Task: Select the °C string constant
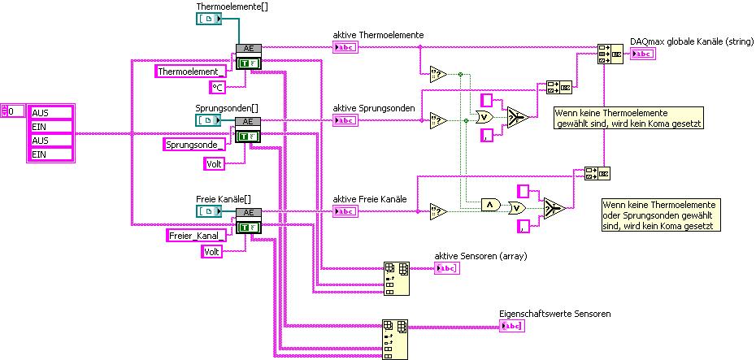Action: pos(217,87)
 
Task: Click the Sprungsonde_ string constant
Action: pos(194,145)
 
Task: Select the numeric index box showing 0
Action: pos(13,111)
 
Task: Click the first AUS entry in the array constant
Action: pos(50,113)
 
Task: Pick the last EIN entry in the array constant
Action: pos(50,154)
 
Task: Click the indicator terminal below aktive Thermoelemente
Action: pos(345,47)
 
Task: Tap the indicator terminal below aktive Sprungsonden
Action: pos(345,120)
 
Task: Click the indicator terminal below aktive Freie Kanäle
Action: pos(345,211)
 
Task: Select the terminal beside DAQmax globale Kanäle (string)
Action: pos(642,54)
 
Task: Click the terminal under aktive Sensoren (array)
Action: pos(445,269)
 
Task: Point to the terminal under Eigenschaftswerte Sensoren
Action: pos(512,326)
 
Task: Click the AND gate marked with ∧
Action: pos(490,203)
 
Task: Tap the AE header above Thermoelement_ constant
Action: pos(246,48)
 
